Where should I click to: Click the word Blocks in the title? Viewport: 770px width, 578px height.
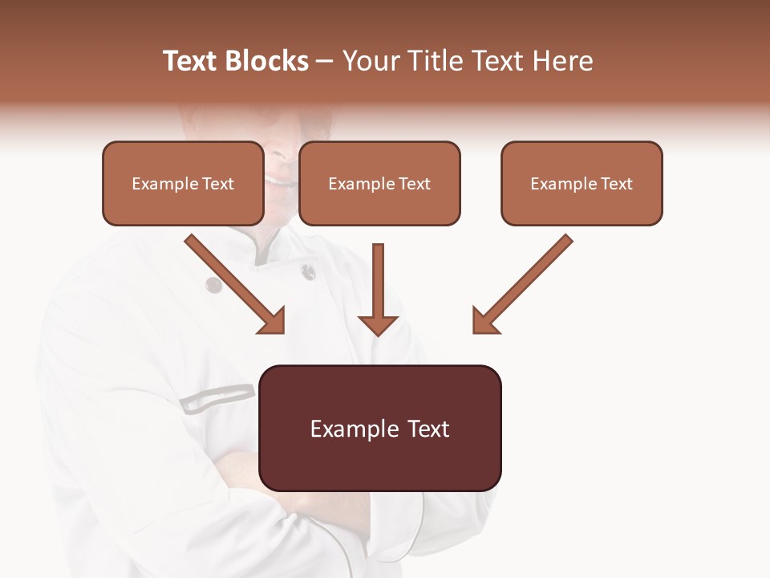[267, 61]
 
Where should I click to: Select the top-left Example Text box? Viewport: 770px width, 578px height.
[183, 183]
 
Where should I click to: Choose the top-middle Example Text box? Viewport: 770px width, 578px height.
[379, 183]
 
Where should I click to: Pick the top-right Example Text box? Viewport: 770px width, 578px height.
[582, 183]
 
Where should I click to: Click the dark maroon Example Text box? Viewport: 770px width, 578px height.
[379, 428]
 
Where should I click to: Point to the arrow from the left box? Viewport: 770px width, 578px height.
[235, 284]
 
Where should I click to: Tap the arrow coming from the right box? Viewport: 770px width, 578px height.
[522, 284]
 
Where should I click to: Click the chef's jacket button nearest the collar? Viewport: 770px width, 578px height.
[308, 272]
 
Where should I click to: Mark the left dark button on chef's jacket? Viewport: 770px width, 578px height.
[213, 283]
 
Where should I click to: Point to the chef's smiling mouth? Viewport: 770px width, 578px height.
[281, 181]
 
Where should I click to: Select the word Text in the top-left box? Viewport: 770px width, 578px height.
[217, 184]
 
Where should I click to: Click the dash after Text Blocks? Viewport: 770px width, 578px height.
[326, 61]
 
